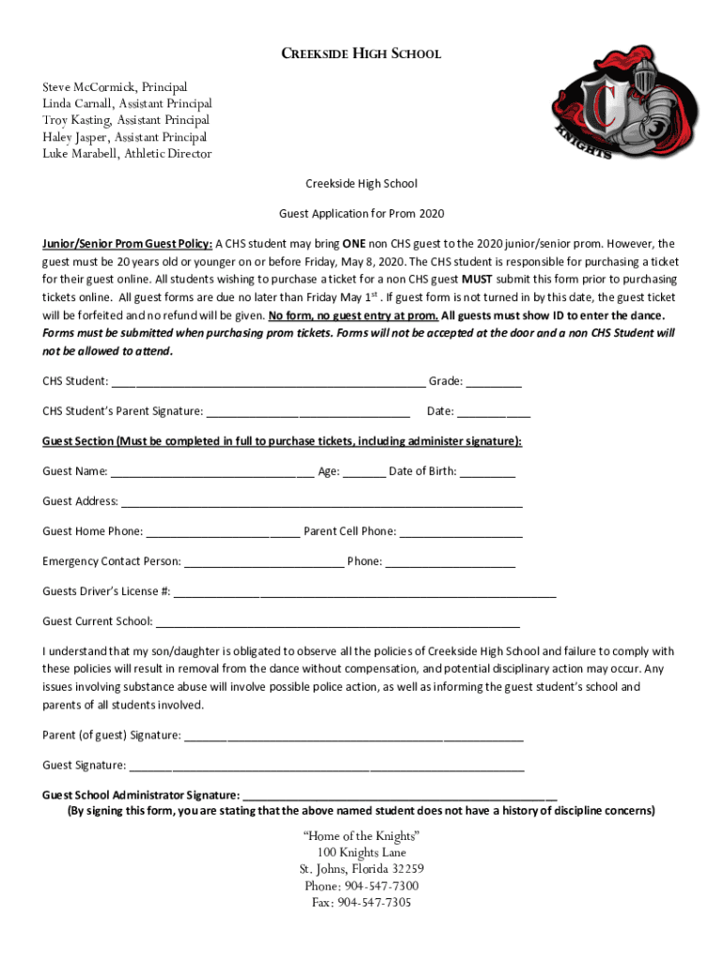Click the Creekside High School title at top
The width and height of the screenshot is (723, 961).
click(x=361, y=53)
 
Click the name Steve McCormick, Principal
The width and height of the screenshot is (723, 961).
click(x=115, y=86)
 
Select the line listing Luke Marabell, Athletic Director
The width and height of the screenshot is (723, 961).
click(x=127, y=154)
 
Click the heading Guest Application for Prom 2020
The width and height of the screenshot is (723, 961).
click(x=361, y=214)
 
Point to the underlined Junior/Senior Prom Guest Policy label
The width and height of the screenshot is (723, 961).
click(x=127, y=243)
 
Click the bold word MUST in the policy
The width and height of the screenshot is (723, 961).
click(x=477, y=280)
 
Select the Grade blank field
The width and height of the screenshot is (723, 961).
click(x=494, y=383)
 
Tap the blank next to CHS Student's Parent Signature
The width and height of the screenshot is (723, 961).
click(x=307, y=413)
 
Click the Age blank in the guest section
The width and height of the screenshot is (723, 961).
click(x=363, y=473)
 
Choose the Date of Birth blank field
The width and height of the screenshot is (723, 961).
click(x=487, y=473)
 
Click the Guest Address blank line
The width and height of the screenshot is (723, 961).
click(x=321, y=503)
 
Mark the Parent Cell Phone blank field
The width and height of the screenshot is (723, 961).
click(x=460, y=533)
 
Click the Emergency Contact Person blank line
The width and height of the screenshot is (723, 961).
click(x=264, y=563)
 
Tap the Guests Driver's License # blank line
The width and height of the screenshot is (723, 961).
click(x=364, y=593)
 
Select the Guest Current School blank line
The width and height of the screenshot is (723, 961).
click(x=337, y=623)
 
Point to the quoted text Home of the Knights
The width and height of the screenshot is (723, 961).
click(x=361, y=836)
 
